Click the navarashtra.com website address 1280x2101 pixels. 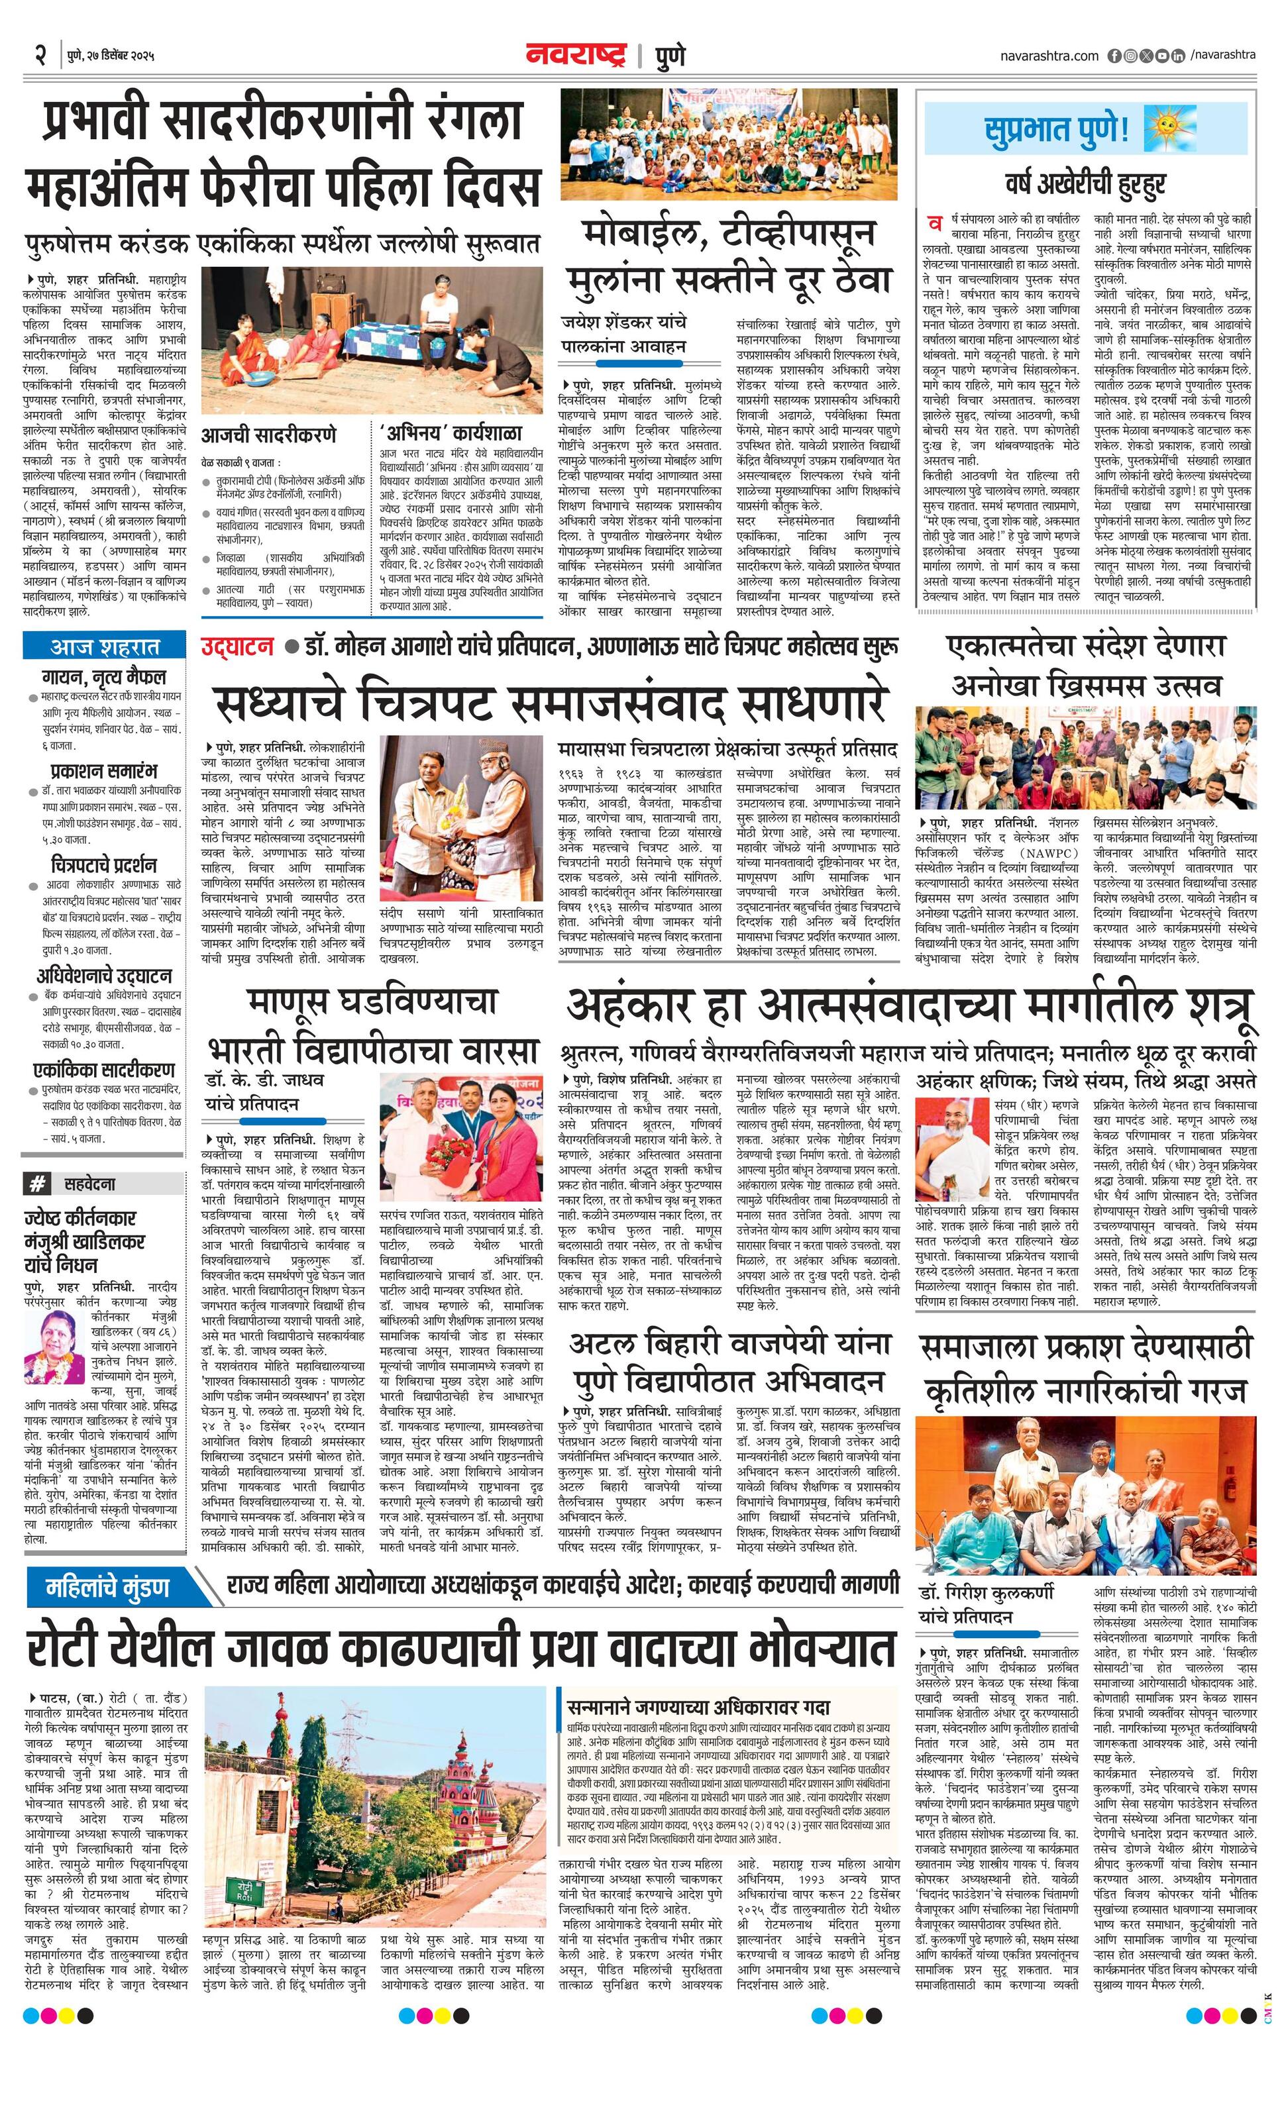coord(1049,56)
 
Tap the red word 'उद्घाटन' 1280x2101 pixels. coord(237,647)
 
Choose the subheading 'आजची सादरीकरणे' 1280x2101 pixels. coord(268,434)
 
